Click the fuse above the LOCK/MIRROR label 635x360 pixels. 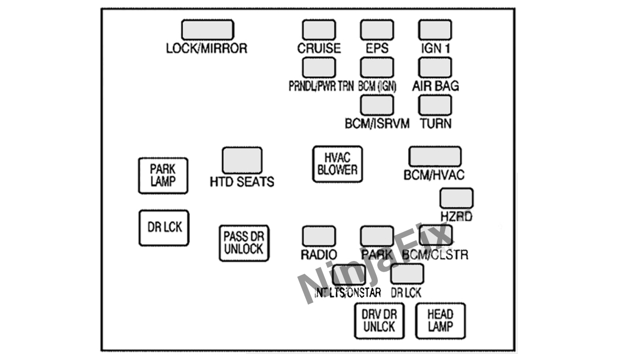(207, 30)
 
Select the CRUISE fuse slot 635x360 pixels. (319, 30)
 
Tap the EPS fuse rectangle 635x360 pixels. (377, 30)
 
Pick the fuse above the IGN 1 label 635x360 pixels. (435, 30)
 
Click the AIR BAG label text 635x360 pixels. (436, 86)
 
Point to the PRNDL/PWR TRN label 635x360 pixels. (321, 86)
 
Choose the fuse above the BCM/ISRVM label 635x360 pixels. (377, 105)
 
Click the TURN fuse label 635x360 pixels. (436, 123)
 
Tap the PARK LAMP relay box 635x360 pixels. (162, 175)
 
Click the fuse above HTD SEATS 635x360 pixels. (242, 160)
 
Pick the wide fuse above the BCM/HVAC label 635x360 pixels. (434, 157)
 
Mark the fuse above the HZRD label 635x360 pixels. (456, 198)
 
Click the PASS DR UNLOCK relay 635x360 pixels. (243, 243)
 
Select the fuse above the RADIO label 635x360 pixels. (319, 236)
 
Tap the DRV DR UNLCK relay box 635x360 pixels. (379, 321)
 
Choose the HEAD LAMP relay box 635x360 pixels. (440, 321)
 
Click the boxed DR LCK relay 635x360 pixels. (164, 228)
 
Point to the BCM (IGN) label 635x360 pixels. (377, 86)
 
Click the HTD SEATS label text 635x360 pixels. (242, 182)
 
